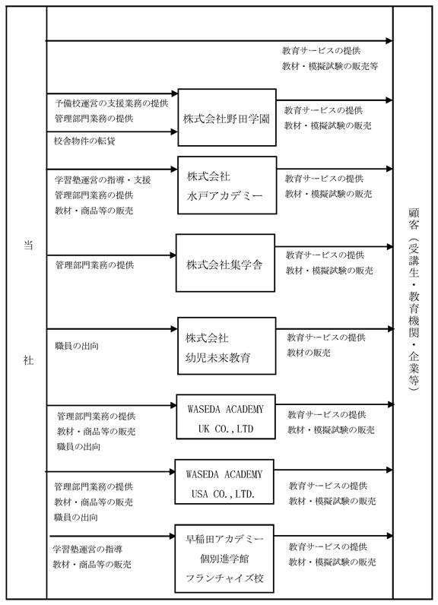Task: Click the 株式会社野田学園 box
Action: pyautogui.click(x=227, y=117)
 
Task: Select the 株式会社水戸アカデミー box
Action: pyautogui.click(x=227, y=185)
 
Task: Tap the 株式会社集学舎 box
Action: pyautogui.click(x=225, y=263)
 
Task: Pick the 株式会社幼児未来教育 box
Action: pyautogui.click(x=227, y=346)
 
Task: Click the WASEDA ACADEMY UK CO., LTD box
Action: pyautogui.click(x=226, y=417)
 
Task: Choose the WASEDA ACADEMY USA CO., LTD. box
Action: pyautogui.click(x=224, y=482)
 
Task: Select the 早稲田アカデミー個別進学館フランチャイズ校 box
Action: pyautogui.click(x=224, y=559)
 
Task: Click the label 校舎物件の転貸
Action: pyautogui.click(x=84, y=141)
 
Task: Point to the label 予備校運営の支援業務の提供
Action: pyautogui.click(x=112, y=103)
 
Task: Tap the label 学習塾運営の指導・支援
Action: pyautogui.click(x=103, y=180)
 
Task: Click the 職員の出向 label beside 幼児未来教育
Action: pyautogui.click(x=77, y=346)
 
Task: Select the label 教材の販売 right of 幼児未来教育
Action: pyautogui.click(x=309, y=353)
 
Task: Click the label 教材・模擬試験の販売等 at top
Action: pyautogui.click(x=330, y=66)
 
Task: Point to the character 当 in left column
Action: pyautogui.click(x=28, y=245)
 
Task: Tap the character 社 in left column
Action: pyautogui.click(x=28, y=360)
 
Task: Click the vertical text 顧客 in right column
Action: pyautogui.click(x=414, y=219)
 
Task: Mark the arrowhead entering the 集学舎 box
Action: pyautogui.click(x=173, y=255)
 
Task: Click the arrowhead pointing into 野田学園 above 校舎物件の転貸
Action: pyautogui.click(x=173, y=132)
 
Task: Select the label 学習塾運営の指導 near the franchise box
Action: pyautogui.click(x=87, y=550)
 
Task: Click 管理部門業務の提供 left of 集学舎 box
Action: pyautogui.click(x=95, y=265)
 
